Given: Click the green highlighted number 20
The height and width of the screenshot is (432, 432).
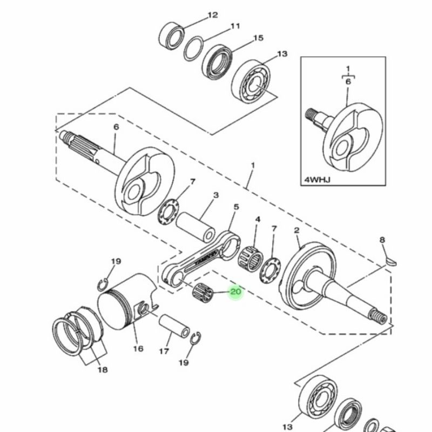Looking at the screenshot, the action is click(x=235, y=292).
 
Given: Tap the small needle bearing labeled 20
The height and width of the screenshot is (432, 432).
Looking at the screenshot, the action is click(x=202, y=293).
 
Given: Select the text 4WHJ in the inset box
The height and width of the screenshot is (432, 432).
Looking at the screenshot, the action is click(x=317, y=180).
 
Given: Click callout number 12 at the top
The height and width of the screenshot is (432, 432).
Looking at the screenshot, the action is click(x=212, y=15).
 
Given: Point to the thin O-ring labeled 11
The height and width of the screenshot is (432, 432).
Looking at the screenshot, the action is click(x=193, y=48).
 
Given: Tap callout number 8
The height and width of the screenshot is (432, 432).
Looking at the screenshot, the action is click(x=382, y=240).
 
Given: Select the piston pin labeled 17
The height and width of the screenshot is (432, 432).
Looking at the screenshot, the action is click(x=174, y=326).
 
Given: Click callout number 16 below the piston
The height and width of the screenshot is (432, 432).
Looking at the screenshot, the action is click(x=138, y=349).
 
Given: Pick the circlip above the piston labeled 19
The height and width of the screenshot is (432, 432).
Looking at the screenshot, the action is click(x=103, y=285).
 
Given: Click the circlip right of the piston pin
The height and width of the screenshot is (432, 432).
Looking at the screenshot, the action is click(x=195, y=338).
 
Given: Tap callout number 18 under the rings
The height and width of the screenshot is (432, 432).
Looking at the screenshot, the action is click(x=103, y=369).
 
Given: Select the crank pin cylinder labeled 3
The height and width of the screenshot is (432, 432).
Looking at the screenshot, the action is click(x=195, y=226).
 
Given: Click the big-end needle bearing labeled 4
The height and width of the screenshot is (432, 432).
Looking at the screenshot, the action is click(x=250, y=259).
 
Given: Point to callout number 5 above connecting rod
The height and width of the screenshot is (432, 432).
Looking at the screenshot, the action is click(x=236, y=207).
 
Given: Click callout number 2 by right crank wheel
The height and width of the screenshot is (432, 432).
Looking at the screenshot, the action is click(x=296, y=231).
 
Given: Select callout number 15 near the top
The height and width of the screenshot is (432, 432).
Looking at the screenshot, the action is click(x=258, y=38).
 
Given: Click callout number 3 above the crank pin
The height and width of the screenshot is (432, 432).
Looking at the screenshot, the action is click(x=216, y=195).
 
